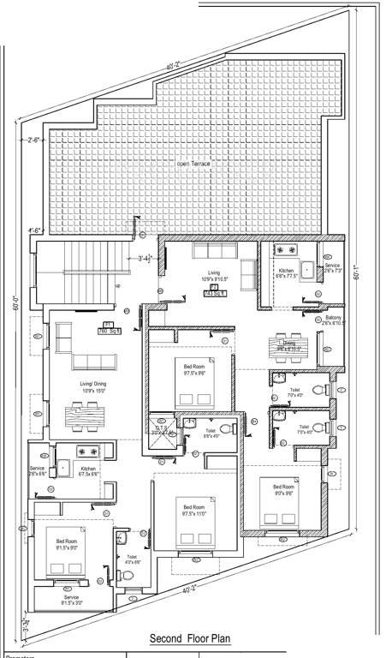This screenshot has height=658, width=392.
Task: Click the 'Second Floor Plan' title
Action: point(191,638)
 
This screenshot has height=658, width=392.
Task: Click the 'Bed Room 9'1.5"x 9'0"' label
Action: point(66,546)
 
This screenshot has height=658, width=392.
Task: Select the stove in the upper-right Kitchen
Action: point(285,249)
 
